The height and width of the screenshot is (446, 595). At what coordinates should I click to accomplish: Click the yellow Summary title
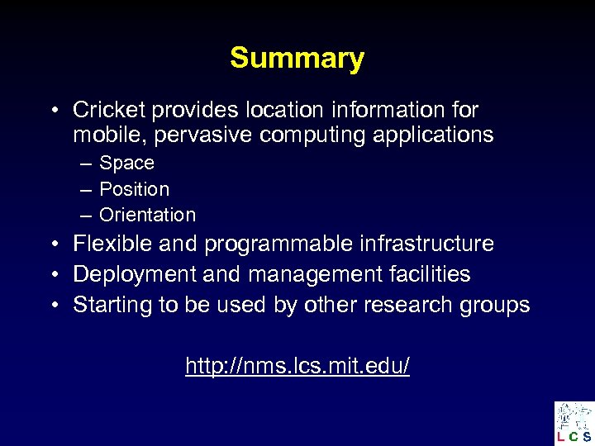tap(297, 59)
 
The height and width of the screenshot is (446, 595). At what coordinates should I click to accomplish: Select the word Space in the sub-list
tap(126, 164)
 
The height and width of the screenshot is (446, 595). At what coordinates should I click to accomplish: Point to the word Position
tap(134, 189)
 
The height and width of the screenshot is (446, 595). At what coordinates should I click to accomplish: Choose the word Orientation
tap(147, 215)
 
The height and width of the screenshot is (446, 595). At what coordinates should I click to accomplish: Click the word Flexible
tap(105, 244)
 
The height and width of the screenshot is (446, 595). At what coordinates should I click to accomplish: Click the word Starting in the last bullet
tap(107, 305)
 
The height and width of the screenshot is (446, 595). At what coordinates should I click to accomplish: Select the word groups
tap(493, 306)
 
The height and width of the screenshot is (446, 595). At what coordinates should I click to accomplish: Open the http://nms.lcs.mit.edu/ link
tap(297, 365)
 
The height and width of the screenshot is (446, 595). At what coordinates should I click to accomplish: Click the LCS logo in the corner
tap(574, 423)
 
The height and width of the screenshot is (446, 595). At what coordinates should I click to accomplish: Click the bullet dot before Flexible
tap(52, 244)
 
